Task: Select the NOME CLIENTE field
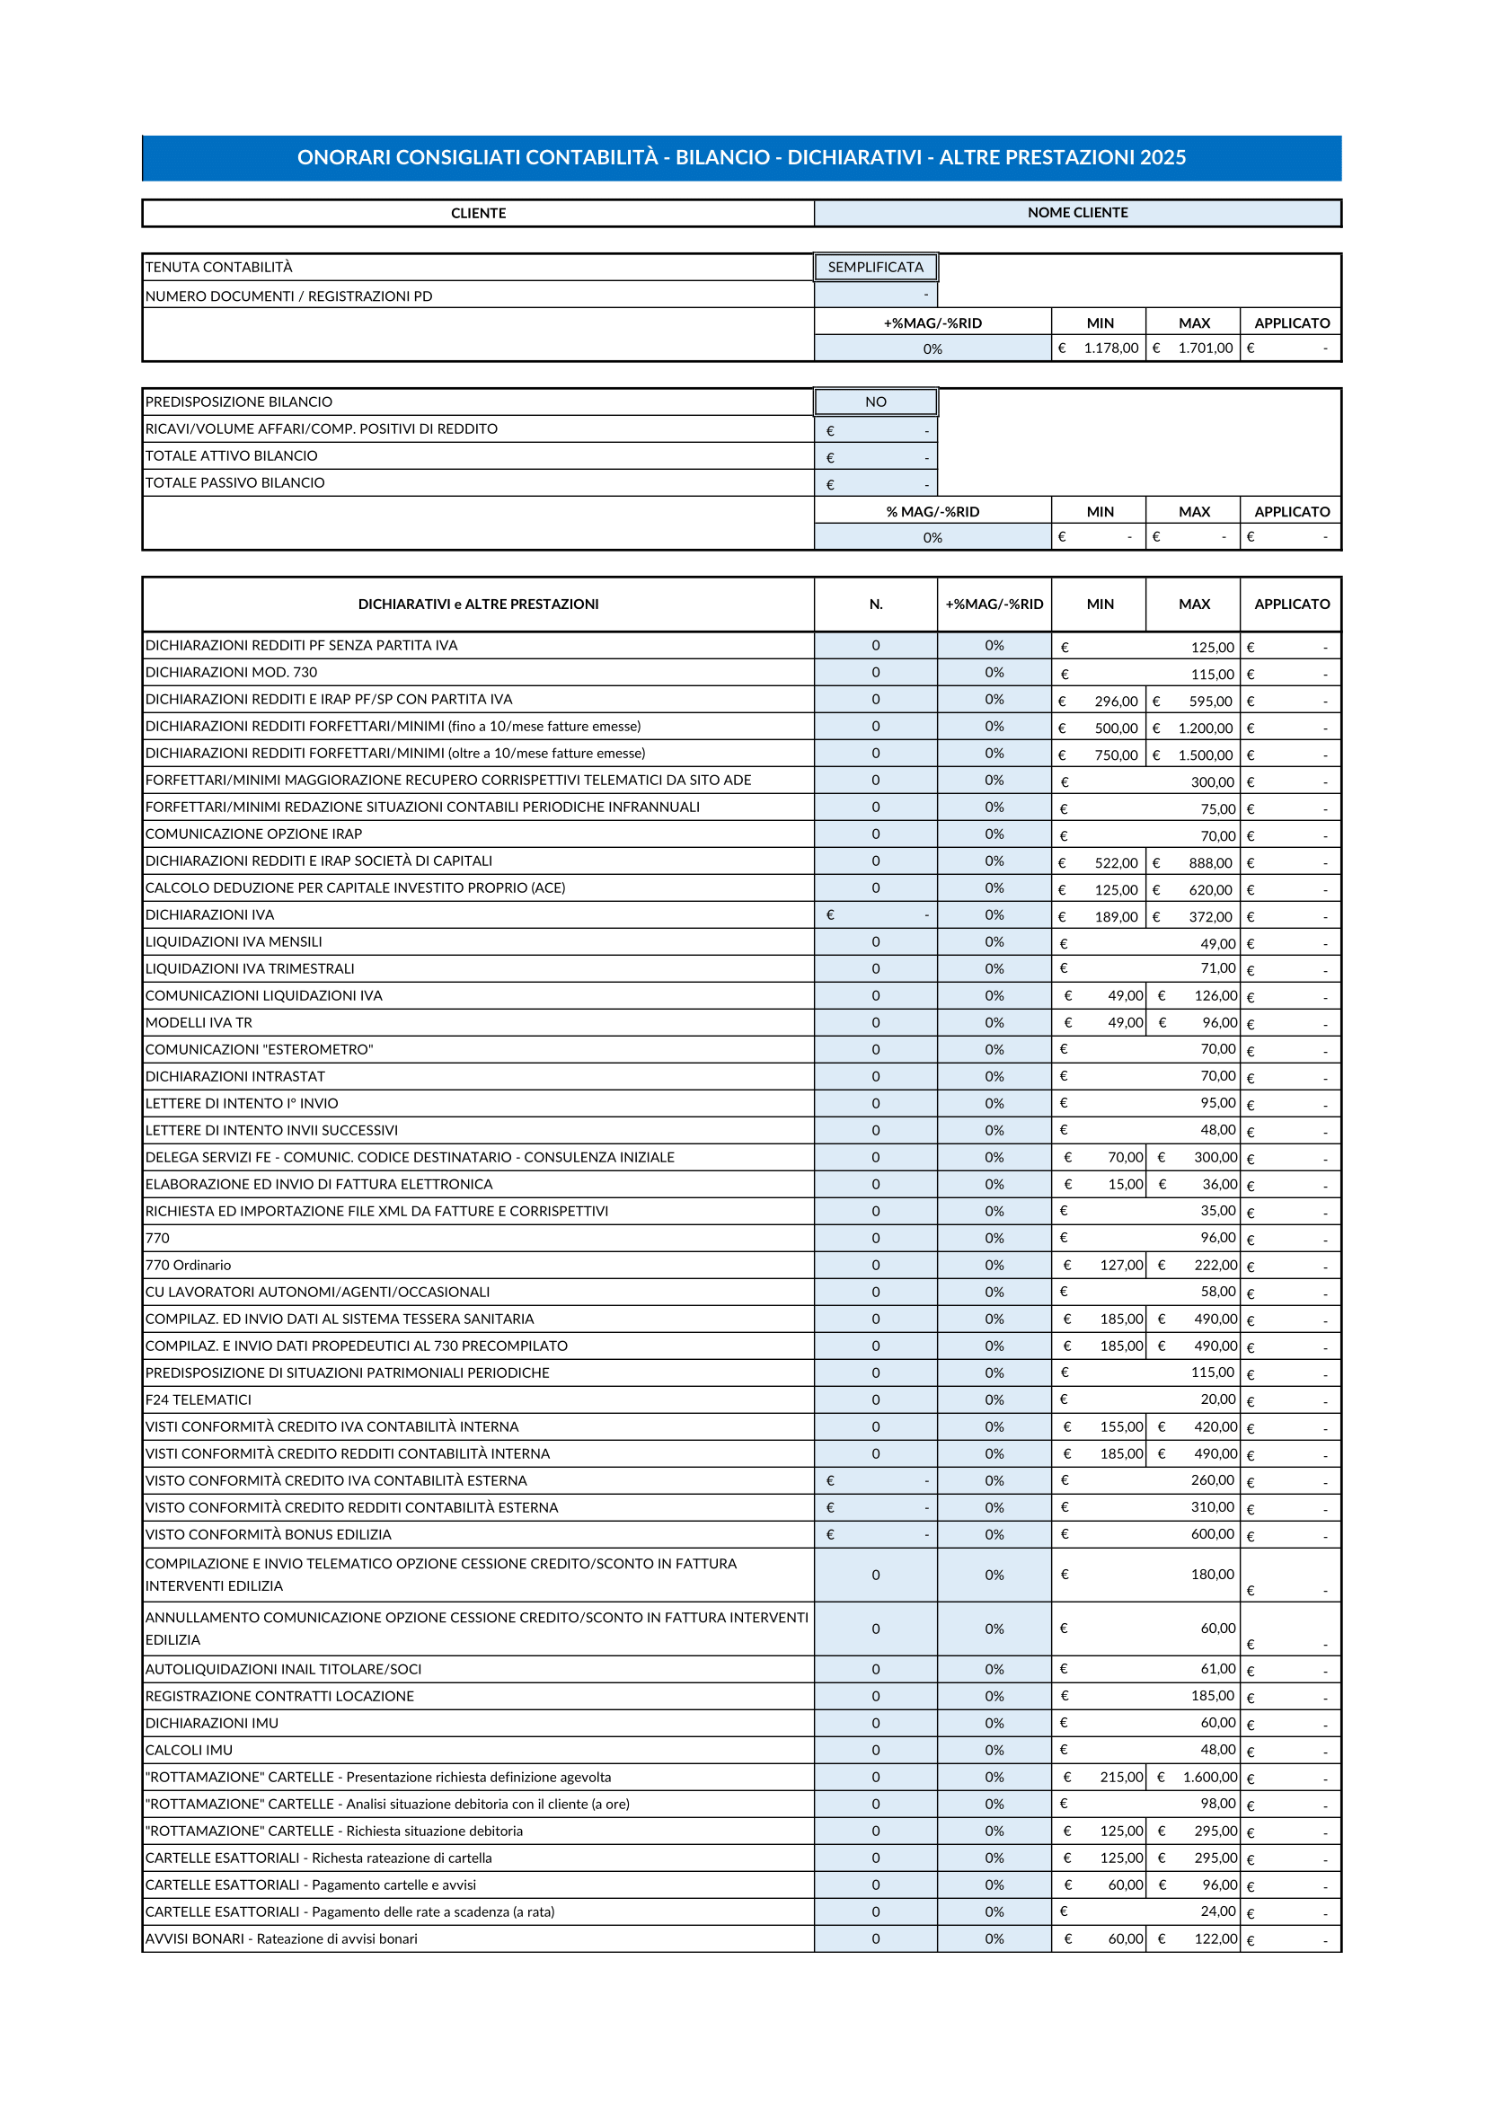click(1077, 212)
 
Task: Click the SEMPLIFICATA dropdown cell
click(875, 267)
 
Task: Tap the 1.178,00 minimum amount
click(1110, 349)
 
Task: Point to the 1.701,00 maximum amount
click(1205, 349)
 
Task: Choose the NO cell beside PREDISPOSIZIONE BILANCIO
click(875, 402)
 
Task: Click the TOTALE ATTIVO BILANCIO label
click(232, 455)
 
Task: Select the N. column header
click(875, 604)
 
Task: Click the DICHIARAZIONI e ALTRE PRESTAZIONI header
click(478, 604)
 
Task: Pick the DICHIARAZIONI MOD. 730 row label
click(232, 673)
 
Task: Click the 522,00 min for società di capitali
click(1117, 863)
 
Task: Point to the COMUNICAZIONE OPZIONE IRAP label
click(253, 834)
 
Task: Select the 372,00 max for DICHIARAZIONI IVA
click(1209, 917)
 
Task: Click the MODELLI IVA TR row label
click(199, 1022)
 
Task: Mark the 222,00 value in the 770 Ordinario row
click(1215, 1265)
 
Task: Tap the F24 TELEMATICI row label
click(198, 1399)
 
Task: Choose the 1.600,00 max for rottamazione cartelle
click(1209, 1777)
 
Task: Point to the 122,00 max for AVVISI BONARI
click(1215, 1939)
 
